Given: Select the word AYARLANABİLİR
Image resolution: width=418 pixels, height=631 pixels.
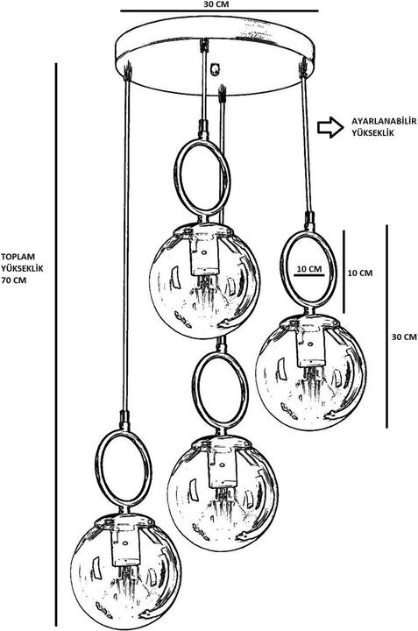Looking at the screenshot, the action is point(384,121).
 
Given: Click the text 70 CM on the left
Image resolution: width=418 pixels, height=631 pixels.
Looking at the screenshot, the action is point(14,280).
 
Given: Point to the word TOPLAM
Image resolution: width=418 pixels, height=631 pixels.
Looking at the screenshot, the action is point(18,256).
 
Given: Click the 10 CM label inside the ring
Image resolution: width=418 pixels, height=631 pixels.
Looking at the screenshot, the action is point(309,269).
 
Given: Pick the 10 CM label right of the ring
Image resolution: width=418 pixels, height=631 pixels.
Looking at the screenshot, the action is point(360,273).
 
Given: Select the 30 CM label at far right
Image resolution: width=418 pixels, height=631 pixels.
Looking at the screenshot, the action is point(404,337).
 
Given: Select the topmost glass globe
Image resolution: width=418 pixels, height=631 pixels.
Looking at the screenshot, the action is point(204,281).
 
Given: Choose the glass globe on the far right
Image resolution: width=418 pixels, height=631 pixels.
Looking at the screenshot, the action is point(311,372).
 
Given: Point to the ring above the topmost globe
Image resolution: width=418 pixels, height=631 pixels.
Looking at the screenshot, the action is point(175,177).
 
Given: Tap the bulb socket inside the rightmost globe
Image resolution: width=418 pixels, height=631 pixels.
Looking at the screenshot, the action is point(310,346).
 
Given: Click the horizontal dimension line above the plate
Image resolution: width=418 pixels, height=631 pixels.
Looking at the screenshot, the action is point(220,11).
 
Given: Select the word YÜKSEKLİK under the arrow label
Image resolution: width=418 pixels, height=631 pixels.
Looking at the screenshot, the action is point(372,133).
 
